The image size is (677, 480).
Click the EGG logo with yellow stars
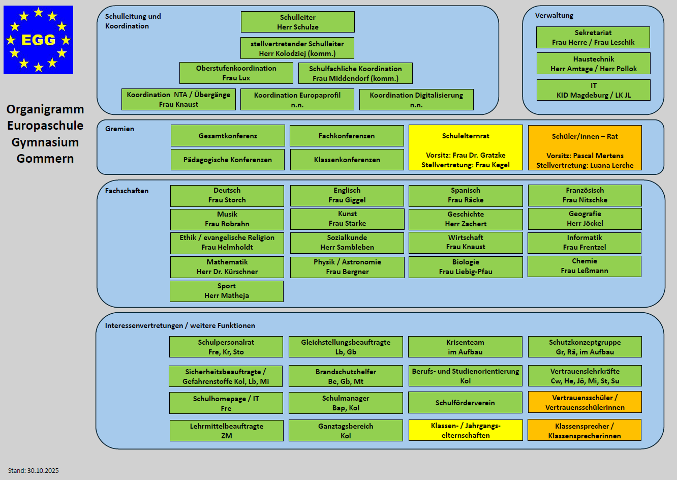pyautogui.click(x=38, y=40)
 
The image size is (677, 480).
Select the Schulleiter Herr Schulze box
pyautogui.click(x=297, y=22)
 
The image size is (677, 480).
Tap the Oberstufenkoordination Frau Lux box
pyautogui.click(x=236, y=73)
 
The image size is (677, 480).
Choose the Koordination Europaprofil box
pyautogui.click(x=297, y=100)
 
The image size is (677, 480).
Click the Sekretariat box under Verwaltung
pyautogui.click(x=593, y=37)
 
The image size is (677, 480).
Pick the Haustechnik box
pyautogui.click(x=593, y=64)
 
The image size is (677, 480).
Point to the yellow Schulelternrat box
pyautogui.click(x=466, y=147)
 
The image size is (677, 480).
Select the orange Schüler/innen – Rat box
pyautogui.click(x=584, y=147)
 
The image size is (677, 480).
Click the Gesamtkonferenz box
pyautogui.click(x=228, y=136)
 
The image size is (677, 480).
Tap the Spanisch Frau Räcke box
pyautogui.click(x=466, y=195)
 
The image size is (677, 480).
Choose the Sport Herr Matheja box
pyautogui.click(x=227, y=291)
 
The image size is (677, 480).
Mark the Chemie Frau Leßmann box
pyautogui.click(x=584, y=266)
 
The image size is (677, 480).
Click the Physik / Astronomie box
pyautogui.click(x=347, y=267)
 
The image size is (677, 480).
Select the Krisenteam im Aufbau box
pyautogui.click(x=465, y=347)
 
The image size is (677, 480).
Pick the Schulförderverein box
pyautogui.click(x=465, y=403)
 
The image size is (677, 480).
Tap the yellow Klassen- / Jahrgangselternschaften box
pyautogui.click(x=466, y=430)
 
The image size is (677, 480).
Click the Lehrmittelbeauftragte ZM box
pyautogui.click(x=227, y=431)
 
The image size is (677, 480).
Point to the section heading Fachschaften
pyautogui.click(x=127, y=191)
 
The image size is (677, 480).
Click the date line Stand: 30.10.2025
pyautogui.click(x=34, y=470)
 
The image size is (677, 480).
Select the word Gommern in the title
pyautogui.click(x=45, y=159)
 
